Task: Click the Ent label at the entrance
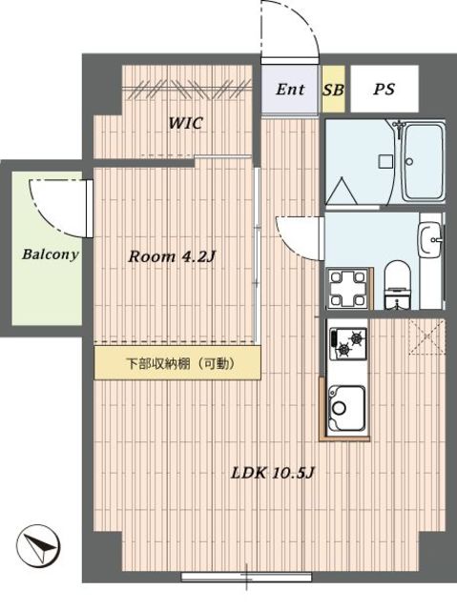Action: click(x=290, y=90)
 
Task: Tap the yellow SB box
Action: click(x=333, y=90)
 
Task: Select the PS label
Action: click(x=384, y=90)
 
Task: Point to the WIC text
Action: click(x=186, y=124)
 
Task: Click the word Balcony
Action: click(x=50, y=255)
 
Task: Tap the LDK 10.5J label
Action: click(x=271, y=474)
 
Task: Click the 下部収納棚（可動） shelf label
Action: click(x=178, y=363)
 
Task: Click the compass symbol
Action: click(x=36, y=550)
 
